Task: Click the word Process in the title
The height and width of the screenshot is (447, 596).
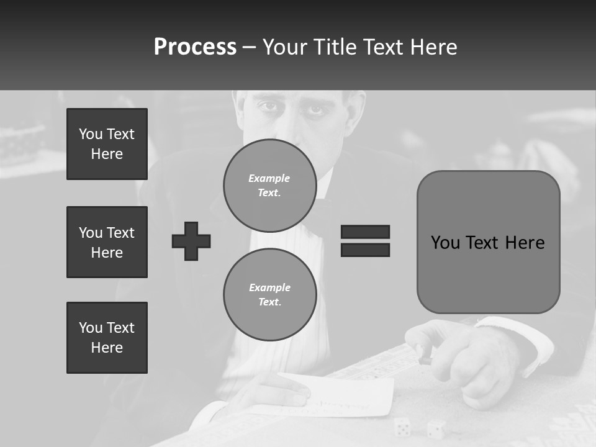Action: [x=195, y=47]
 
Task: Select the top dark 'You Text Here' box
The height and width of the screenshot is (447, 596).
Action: [x=107, y=144]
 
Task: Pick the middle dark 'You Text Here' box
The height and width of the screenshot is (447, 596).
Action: [x=107, y=242]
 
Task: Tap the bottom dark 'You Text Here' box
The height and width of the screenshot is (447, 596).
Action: [x=107, y=338]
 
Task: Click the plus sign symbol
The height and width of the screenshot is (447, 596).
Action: [x=191, y=241]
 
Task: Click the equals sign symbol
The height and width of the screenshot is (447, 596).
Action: [x=365, y=241]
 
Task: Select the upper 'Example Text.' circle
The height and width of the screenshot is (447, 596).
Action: [x=269, y=186]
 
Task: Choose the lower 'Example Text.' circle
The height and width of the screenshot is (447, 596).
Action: [x=269, y=295]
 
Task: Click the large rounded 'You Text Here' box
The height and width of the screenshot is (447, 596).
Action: [x=488, y=242]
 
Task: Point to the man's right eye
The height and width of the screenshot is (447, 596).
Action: [x=268, y=106]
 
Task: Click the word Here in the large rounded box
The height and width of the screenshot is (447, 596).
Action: [x=525, y=242]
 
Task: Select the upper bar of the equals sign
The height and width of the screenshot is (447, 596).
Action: [x=365, y=232]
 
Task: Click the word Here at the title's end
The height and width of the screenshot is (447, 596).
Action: [x=434, y=47]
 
